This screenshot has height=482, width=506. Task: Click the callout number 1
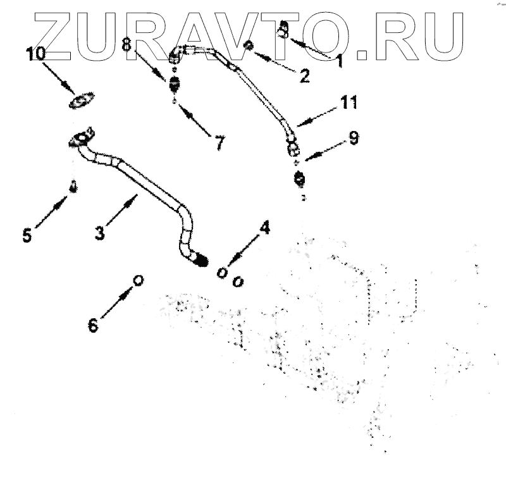pos(339,61)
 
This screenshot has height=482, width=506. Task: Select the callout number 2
pos(304,77)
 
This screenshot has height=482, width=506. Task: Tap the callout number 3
pos(99,232)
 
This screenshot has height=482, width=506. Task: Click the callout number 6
pos(93,325)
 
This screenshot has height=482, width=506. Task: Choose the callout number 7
pos(219,143)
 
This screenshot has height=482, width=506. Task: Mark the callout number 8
pos(126,45)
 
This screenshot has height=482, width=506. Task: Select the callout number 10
pos(36,54)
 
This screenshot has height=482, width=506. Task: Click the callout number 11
pos(349,101)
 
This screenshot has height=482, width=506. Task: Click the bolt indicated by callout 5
pos(73,187)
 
